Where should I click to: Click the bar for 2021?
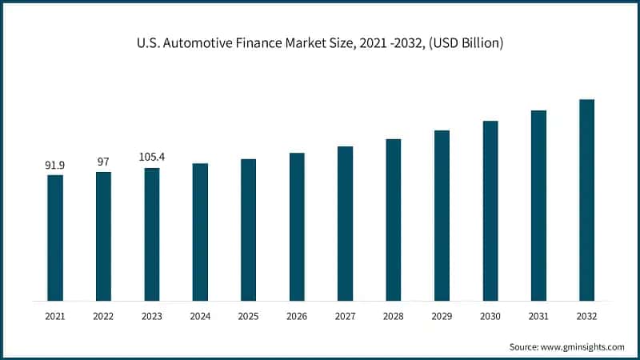54,238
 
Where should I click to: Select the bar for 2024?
200,232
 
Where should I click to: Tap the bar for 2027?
345,223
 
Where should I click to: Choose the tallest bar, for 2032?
586,200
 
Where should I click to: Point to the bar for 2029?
442,215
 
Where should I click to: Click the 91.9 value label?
54,166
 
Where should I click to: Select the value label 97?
103,162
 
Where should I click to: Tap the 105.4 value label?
151,158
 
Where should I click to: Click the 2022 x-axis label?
103,316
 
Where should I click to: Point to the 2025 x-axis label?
248,316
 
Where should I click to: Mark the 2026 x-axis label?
297,316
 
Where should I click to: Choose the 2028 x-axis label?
393,316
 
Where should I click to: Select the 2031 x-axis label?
538,316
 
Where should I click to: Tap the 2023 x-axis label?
151,316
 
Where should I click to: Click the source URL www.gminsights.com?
584,347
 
